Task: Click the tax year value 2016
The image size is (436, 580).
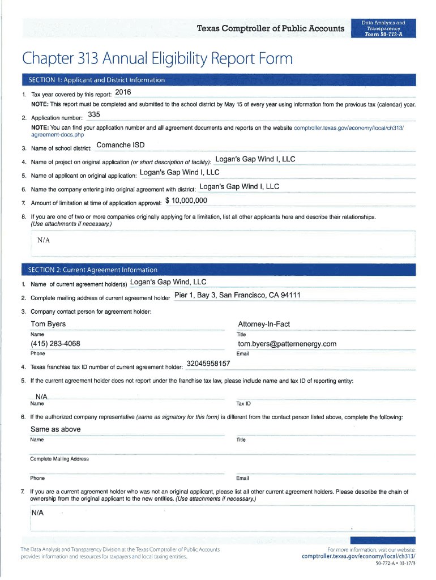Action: point(123,92)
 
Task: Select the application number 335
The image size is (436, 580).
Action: point(94,116)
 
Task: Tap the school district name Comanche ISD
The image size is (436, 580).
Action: point(121,145)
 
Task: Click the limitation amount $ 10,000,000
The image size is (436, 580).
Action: point(186,201)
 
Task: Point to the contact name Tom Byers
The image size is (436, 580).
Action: point(48,324)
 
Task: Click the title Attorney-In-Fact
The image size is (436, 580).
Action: point(264,324)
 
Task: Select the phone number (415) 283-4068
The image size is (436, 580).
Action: point(55,344)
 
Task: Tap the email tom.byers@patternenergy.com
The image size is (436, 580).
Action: point(287,344)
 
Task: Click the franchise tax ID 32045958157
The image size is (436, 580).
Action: point(208,363)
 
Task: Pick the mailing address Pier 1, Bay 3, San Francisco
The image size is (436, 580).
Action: point(237,295)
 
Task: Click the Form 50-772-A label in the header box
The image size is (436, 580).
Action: point(384,34)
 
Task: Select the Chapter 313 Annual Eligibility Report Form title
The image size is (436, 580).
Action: point(157,59)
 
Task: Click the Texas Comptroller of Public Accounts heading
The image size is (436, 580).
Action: point(270,29)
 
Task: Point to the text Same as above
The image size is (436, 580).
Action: point(55,429)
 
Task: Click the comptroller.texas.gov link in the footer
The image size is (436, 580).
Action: point(358,557)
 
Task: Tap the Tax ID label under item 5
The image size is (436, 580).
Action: point(243,404)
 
